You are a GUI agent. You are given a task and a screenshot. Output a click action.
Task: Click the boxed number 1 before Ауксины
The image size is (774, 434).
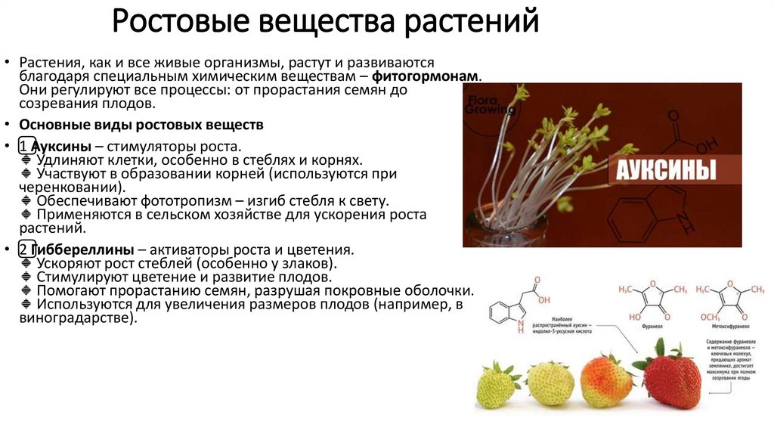click(x=25, y=146)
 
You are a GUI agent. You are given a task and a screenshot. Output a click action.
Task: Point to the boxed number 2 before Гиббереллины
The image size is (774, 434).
click(x=25, y=250)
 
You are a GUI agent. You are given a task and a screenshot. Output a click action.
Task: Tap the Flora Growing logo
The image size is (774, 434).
click(x=490, y=105)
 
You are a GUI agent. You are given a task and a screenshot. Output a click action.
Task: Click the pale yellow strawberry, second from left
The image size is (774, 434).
click(x=550, y=383)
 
